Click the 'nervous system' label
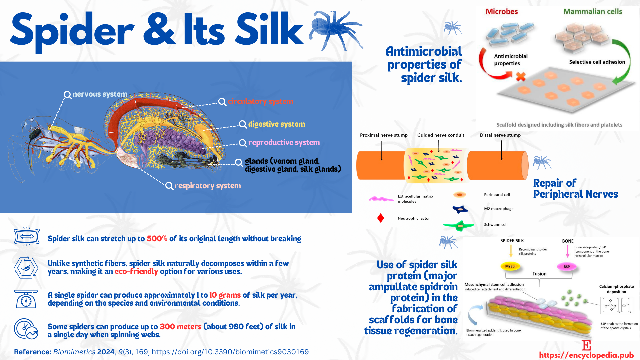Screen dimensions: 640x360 (100, 94)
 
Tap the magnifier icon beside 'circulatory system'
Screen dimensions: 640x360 (222, 102)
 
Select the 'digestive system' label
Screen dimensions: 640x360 (277, 124)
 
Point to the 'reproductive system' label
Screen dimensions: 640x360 (284, 143)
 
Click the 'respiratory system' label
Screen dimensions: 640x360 (208, 186)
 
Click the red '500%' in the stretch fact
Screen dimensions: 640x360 (157, 239)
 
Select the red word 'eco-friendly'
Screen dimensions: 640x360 (136, 271)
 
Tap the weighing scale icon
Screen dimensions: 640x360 (26, 299)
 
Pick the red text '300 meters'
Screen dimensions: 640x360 (180, 327)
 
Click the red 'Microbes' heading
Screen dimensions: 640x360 (502, 12)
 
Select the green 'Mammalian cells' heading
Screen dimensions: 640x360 (593, 12)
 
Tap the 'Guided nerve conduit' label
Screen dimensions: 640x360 (441, 135)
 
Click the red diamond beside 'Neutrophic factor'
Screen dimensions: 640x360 (381, 218)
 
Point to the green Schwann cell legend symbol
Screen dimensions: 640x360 (459, 226)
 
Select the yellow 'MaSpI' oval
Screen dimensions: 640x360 (510, 266)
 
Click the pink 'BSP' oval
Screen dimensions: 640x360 (567, 267)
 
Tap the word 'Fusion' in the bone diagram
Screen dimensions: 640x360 (539, 274)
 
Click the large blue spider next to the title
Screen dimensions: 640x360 (336, 31)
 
